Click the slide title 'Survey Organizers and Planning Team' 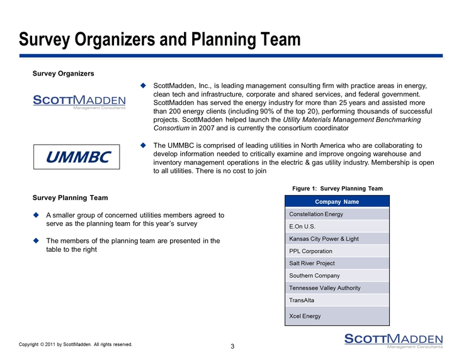[160, 40]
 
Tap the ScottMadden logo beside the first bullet [79, 101]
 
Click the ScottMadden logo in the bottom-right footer [393, 339]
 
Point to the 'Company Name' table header [338, 202]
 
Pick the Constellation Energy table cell [338, 214]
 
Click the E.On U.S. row [338, 227]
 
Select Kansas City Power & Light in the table [338, 239]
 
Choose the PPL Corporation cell [338, 251]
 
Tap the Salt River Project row [338, 263]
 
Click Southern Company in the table [338, 276]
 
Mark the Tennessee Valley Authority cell [338, 288]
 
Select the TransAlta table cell [338, 300]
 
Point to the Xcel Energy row [338, 315]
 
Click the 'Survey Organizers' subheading [64, 74]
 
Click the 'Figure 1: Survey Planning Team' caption [338, 188]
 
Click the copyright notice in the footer [76, 344]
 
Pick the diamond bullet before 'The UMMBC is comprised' [143, 144]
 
